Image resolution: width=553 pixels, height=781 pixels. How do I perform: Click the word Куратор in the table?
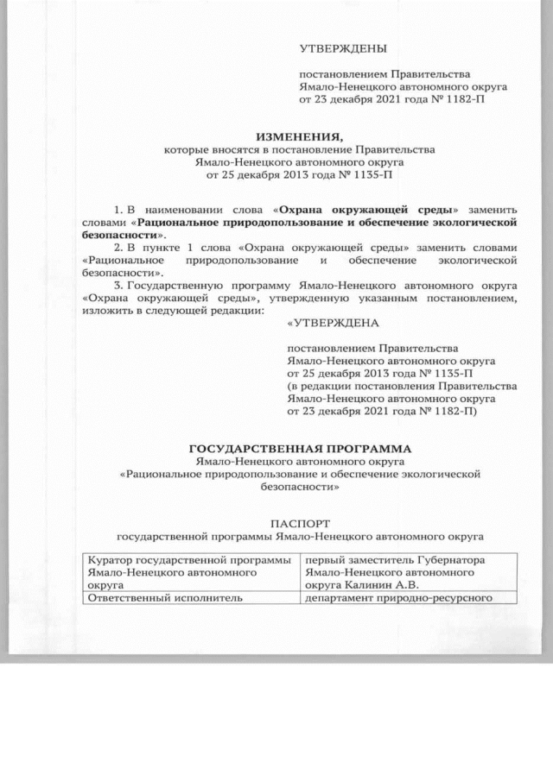(x=101, y=560)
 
